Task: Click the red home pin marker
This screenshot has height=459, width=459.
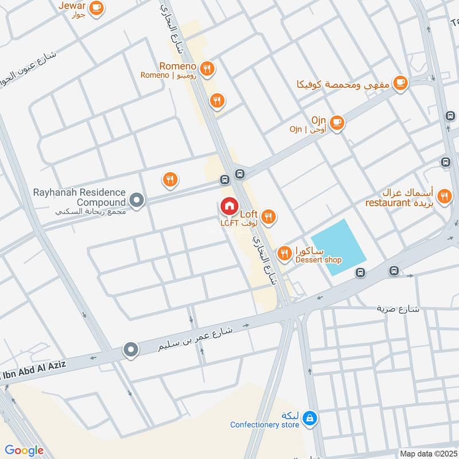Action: coord(229,205)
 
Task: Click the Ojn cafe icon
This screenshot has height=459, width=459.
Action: coord(337,122)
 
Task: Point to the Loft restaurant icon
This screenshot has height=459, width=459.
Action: coord(268,216)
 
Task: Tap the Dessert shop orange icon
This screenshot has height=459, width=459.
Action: coord(284,252)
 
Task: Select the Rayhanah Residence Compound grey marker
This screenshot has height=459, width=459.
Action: coord(137,200)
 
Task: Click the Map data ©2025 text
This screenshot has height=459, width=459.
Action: coord(427,453)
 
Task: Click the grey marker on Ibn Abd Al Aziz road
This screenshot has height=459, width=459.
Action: coord(131,349)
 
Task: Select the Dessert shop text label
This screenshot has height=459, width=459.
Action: coord(318,260)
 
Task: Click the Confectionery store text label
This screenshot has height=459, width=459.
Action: coord(264,425)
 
